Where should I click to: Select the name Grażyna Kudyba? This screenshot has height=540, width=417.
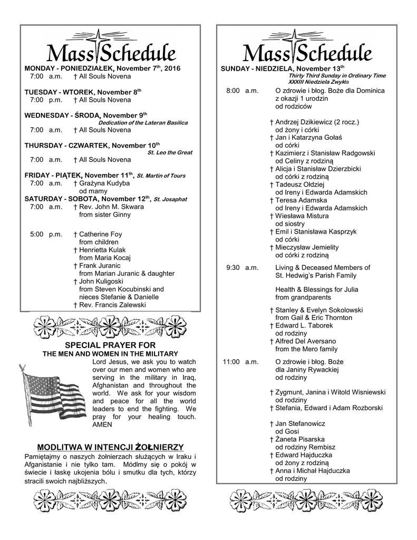click(104, 183)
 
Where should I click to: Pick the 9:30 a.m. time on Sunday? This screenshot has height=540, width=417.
click(242, 267)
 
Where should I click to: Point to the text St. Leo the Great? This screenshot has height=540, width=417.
click(170, 153)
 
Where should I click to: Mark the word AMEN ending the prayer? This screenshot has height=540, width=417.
click(102, 424)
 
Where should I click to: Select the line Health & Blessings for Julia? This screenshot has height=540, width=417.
click(316, 290)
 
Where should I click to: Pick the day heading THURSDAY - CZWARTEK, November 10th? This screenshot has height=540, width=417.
click(92, 146)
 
